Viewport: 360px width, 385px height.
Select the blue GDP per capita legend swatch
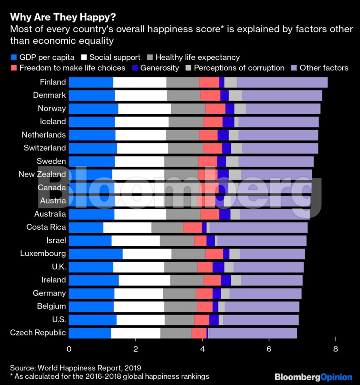13,58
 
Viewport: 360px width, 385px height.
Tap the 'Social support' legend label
115,58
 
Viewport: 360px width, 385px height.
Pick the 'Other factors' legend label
324,68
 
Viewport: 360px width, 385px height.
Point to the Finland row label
53,82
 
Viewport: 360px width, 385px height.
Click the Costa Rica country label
46,227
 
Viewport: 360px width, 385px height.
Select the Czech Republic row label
38,333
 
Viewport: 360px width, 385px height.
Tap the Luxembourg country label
43,254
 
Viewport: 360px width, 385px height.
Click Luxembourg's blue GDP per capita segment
96,254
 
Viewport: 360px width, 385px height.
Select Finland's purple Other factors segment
282,82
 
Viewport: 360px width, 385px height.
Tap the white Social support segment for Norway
144,108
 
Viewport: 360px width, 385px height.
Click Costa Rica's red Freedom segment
192,227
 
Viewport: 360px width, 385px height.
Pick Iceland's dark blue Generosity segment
228,122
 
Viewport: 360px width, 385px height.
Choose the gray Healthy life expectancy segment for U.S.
179,320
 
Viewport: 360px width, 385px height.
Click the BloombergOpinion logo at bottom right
313,377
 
